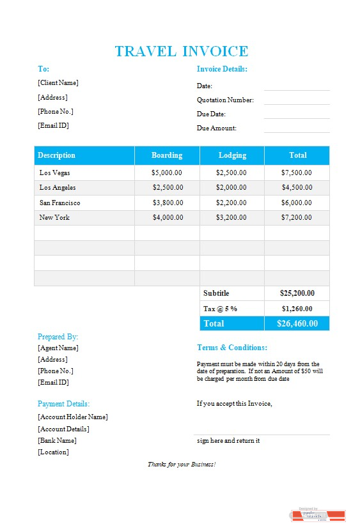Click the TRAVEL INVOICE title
(x=181, y=52)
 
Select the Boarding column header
(x=167, y=155)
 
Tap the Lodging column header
(x=232, y=155)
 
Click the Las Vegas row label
(x=55, y=173)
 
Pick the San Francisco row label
(x=59, y=203)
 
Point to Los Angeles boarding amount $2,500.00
(x=168, y=187)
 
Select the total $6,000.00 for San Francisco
(x=297, y=203)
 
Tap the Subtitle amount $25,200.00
(x=297, y=293)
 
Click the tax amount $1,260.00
(x=297, y=309)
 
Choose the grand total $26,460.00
(x=297, y=323)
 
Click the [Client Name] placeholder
(x=58, y=82)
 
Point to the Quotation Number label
(x=225, y=100)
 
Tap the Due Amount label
(x=217, y=128)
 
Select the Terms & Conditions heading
(x=232, y=348)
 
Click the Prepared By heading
(x=58, y=337)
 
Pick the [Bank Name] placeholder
(x=57, y=440)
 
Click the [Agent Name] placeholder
(x=58, y=348)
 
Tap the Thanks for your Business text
(x=182, y=464)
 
